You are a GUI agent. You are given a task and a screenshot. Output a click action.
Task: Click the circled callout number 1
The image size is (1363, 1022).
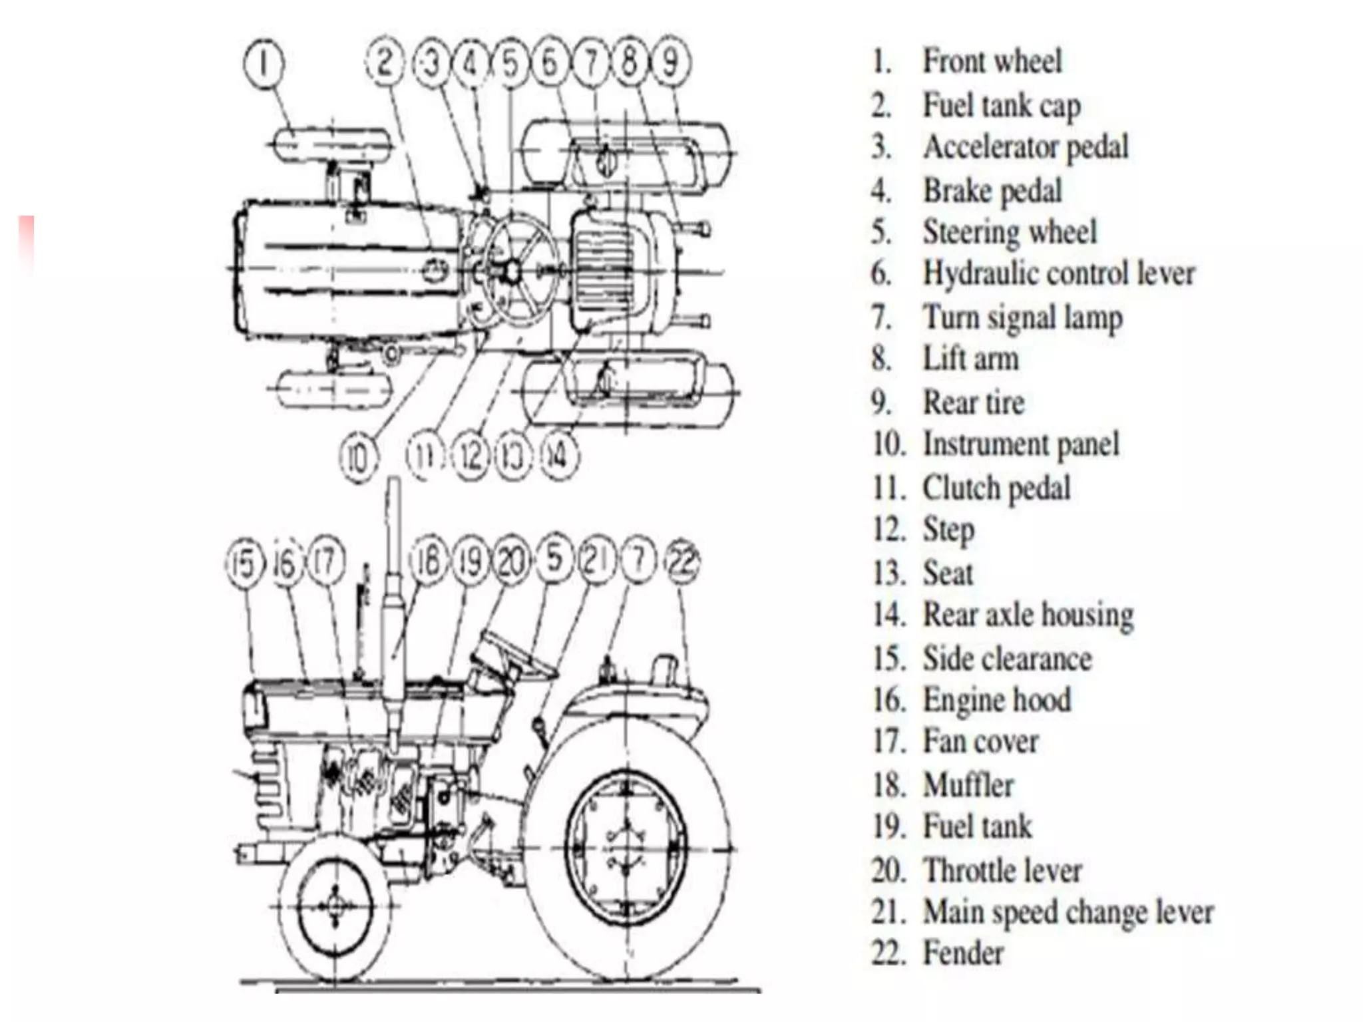tap(264, 65)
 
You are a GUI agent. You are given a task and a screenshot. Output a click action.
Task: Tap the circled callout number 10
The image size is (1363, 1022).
tap(358, 458)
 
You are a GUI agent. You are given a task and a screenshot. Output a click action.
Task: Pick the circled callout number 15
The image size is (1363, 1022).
tap(244, 564)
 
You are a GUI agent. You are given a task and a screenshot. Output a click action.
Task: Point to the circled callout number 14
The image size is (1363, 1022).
tap(558, 457)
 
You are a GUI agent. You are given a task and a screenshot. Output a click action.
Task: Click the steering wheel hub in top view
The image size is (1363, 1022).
tap(512, 271)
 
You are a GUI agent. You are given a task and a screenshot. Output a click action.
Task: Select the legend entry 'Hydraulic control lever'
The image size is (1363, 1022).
tap(1058, 273)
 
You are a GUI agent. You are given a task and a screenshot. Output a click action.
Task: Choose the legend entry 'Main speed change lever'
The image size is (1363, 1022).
tap(1068, 912)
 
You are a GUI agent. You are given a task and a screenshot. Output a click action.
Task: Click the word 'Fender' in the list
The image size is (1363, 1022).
tap(962, 953)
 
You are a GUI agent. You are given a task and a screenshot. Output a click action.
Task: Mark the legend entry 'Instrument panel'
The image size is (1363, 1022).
tap(1020, 444)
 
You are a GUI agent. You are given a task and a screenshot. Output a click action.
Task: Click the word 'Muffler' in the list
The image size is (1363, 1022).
tap(968, 785)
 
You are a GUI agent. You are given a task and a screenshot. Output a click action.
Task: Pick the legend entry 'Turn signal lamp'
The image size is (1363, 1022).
tap(1022, 317)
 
